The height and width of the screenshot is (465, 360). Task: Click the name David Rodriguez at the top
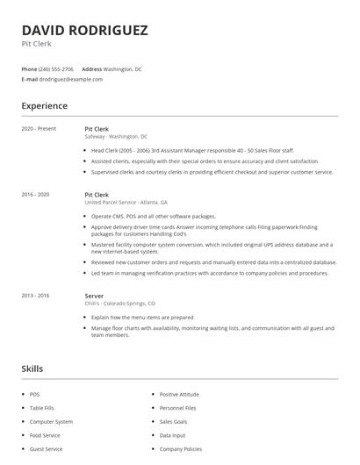coord(84,30)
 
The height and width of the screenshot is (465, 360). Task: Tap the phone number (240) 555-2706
coord(57,68)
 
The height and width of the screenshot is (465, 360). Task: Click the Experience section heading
coord(44,106)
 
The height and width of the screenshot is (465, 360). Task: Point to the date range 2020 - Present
coord(39,128)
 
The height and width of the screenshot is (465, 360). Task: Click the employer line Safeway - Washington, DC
coord(116,137)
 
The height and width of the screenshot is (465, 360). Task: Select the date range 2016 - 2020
coord(36,193)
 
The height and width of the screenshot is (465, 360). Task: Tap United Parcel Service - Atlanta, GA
coord(126,202)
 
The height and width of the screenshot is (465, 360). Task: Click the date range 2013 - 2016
coord(36,296)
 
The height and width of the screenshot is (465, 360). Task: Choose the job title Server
coord(94,296)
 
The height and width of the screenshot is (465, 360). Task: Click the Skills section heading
coord(32,368)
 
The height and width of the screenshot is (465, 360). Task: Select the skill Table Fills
coord(42,408)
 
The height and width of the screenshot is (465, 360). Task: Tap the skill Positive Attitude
coord(179,395)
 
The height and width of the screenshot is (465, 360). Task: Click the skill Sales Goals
coord(173,421)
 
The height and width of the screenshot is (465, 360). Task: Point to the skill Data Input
coord(172,435)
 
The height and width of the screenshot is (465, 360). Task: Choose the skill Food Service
coord(45,435)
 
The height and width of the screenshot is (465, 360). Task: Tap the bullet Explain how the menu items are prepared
coord(142,317)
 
